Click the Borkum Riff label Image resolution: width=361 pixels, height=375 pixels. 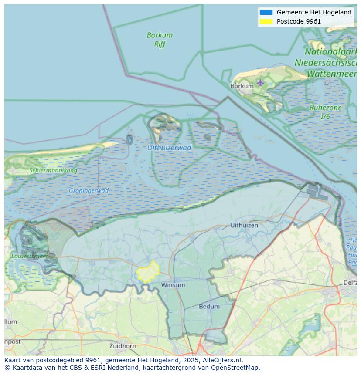click(160, 40)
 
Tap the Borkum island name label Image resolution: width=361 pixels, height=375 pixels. click(242, 86)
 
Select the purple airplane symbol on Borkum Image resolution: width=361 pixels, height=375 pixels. click(260, 82)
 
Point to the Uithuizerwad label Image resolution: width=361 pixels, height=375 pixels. click(169, 148)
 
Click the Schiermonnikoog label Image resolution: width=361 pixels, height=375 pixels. click(53, 170)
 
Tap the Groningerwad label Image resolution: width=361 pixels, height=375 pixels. click(89, 190)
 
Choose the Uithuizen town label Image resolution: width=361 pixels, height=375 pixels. click(244, 225)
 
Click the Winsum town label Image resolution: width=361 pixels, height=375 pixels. click(173, 285)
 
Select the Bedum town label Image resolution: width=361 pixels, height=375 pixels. click(209, 307)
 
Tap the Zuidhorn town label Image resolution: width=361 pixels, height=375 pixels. click(123, 346)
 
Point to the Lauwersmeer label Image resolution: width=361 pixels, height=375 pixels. click(30, 256)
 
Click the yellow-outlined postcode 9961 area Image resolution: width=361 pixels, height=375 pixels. click(148, 272)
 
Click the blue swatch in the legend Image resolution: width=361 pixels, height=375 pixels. click(266, 13)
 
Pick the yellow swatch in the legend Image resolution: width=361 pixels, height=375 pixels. click(266, 21)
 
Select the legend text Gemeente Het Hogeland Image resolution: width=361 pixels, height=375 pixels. click(314, 13)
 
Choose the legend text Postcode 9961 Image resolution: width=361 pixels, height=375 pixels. click(299, 21)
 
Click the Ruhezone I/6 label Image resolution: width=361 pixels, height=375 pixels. click(325, 112)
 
